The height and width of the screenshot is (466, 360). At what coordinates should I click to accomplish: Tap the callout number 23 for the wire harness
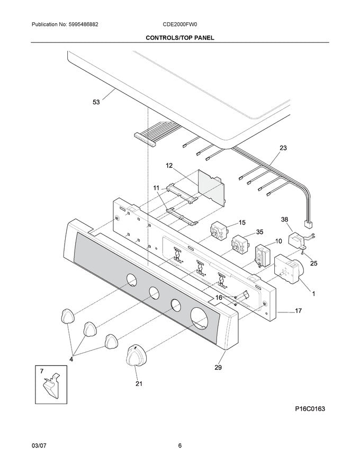tap(283, 149)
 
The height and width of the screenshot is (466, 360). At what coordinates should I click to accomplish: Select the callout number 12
tap(169, 166)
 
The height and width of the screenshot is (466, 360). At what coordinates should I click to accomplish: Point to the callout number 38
tap(284, 219)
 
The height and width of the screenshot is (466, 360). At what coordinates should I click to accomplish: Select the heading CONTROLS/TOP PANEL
tap(179, 38)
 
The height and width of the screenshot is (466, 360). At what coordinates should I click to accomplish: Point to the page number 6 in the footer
tap(179, 445)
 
